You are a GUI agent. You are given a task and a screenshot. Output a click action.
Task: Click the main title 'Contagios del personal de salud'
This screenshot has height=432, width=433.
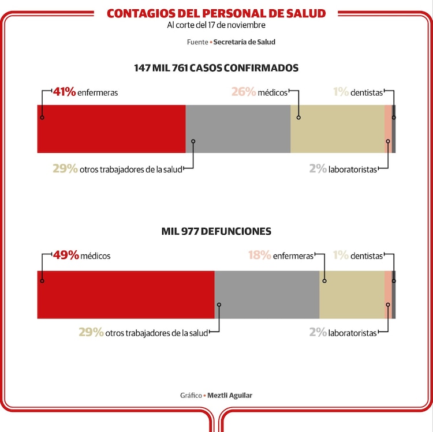216,13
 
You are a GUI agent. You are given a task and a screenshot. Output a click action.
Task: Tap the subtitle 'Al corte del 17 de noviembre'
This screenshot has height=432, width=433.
216,25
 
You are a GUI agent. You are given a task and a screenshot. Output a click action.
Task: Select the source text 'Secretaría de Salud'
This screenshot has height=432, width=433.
244,42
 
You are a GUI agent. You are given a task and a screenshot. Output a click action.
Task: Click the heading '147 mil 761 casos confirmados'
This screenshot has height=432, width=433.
216,67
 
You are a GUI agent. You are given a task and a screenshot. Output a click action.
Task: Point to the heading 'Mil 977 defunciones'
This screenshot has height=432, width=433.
216,231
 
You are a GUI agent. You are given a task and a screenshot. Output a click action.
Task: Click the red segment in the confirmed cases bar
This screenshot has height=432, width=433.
111,129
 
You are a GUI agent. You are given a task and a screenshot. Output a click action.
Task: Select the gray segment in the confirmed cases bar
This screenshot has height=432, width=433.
238,129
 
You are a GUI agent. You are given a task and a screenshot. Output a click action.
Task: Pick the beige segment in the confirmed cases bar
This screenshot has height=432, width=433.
337,129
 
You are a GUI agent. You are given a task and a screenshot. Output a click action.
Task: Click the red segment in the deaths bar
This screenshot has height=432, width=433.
126,294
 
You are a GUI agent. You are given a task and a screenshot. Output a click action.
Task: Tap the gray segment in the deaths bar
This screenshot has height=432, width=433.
267,294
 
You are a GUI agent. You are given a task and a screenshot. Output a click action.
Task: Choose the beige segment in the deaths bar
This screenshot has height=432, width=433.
352,294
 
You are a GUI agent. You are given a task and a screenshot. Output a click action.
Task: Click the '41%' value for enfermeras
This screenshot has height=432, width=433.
64,92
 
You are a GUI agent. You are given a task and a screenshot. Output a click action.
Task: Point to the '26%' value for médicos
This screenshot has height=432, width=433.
243,92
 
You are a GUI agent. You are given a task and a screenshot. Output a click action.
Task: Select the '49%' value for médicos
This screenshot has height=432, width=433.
66,256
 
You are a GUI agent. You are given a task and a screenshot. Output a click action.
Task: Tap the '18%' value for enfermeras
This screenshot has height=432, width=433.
259,256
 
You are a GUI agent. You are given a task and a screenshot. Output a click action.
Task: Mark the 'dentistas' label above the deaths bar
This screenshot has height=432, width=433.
366,256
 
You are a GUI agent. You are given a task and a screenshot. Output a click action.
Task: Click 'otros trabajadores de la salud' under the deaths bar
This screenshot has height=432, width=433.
156,333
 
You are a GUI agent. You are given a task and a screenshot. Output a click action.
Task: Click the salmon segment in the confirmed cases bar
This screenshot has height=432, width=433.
388,129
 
